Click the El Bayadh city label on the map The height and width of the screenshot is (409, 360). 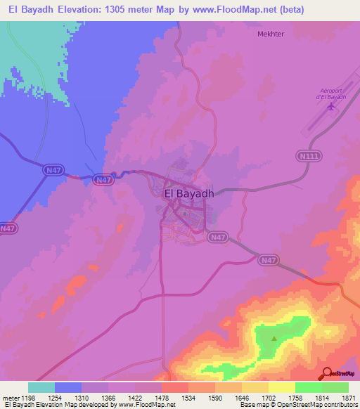point(188,193)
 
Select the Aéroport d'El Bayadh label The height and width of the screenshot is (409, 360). point(332,102)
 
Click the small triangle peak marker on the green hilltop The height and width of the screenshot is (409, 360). point(274,338)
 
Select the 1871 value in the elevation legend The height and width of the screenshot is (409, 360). point(347,397)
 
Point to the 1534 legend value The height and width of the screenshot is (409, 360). point(188,397)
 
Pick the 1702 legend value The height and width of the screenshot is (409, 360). point(268,397)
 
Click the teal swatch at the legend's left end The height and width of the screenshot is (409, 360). point(41,387)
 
